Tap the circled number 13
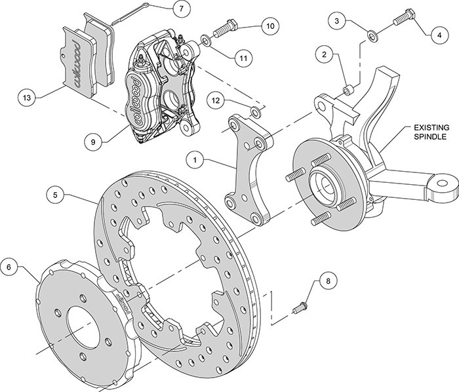pyautogui.click(x=26, y=98)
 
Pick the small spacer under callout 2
pyautogui.click(x=350, y=87)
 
